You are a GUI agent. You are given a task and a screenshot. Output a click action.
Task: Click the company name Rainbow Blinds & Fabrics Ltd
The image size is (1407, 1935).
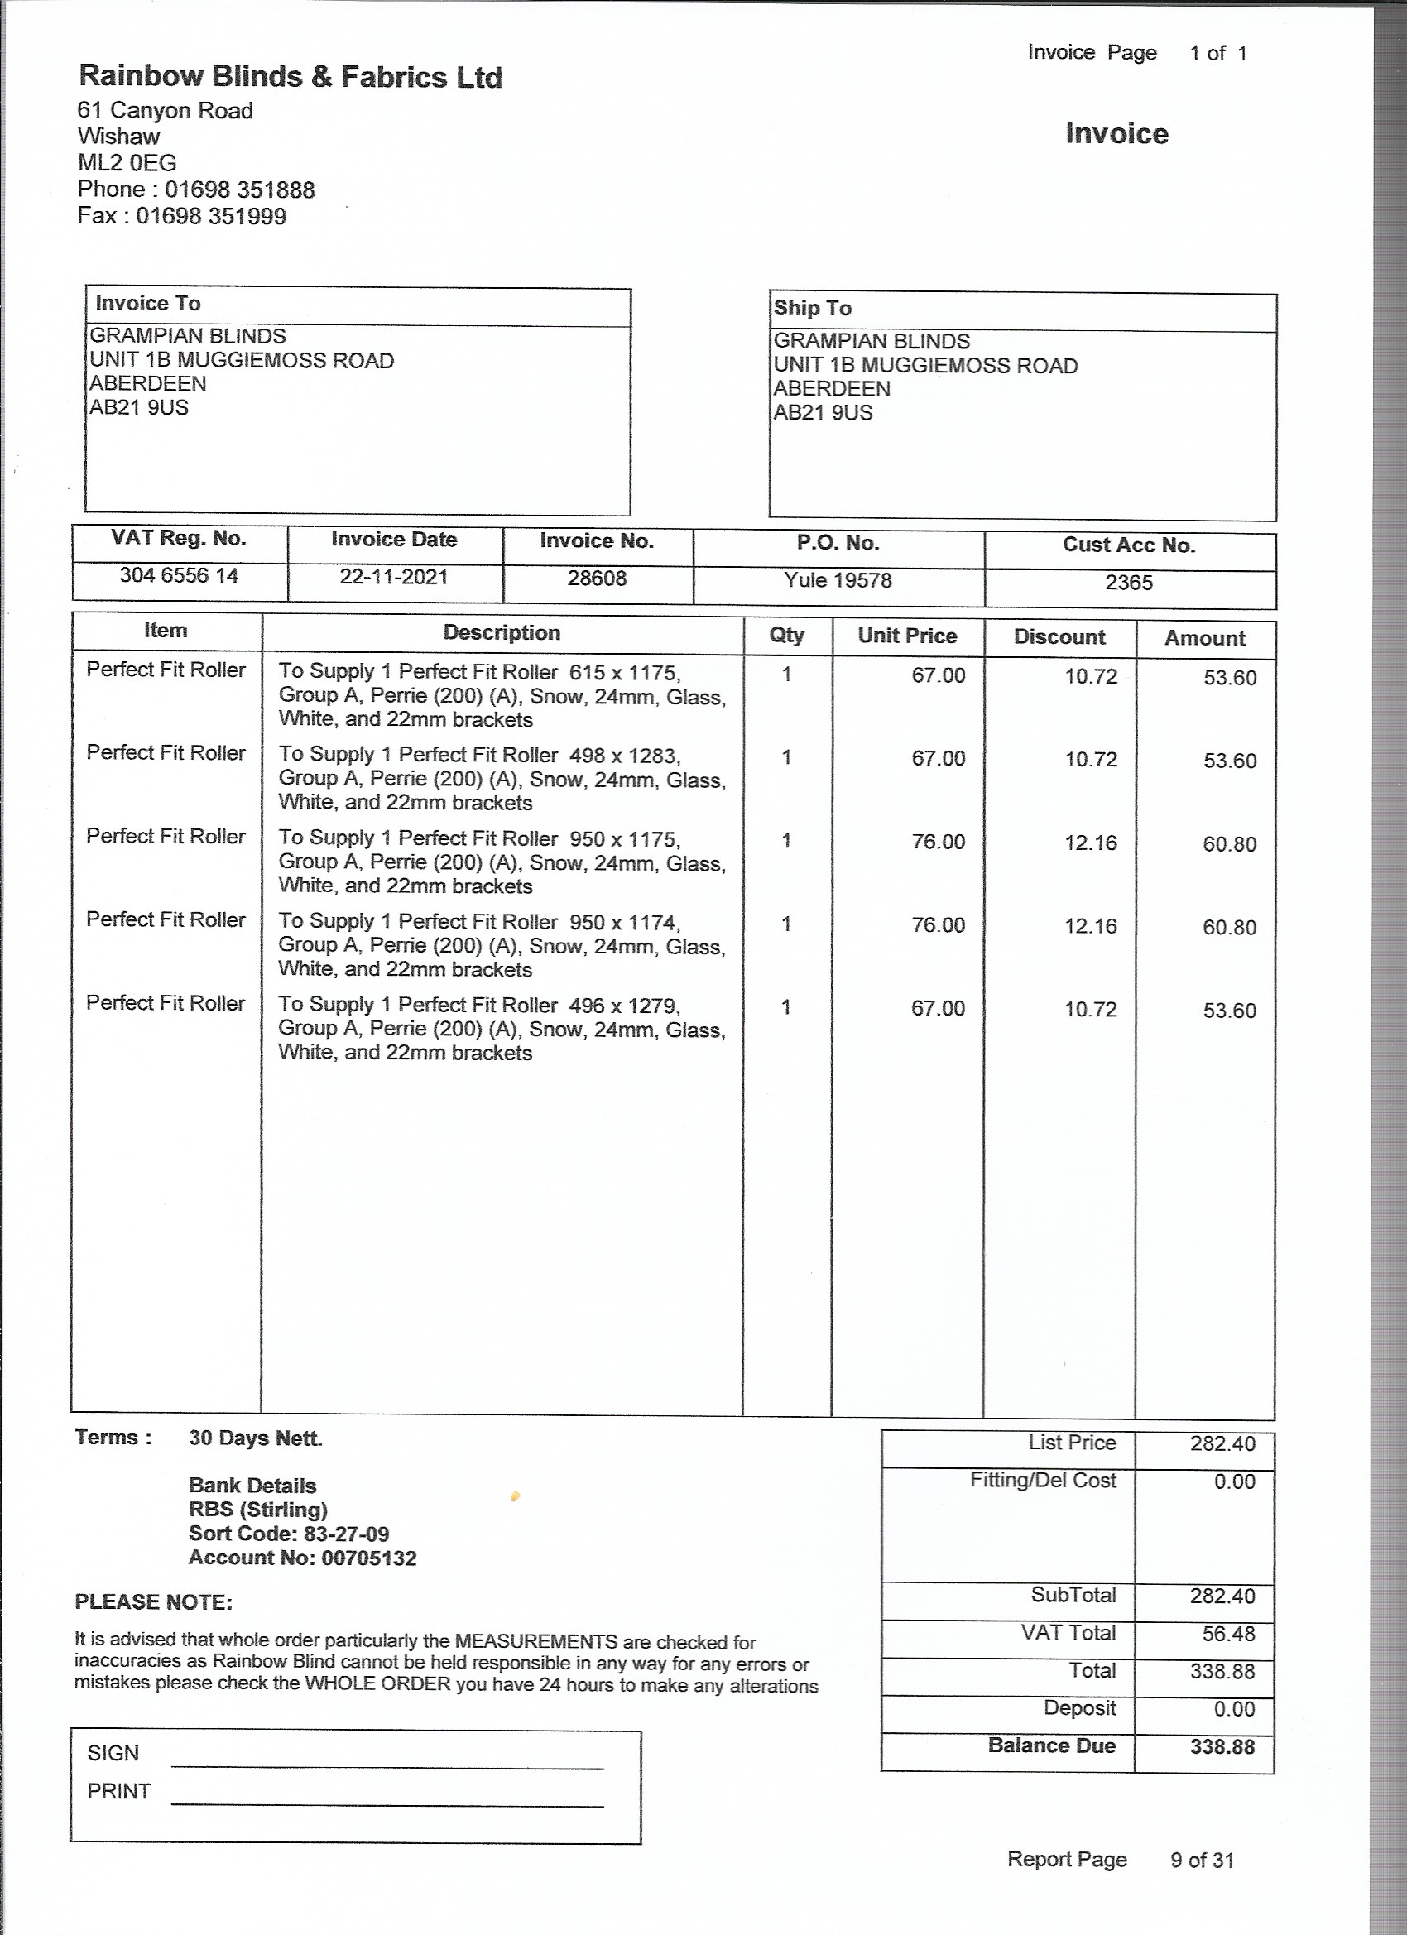pyautogui.click(x=291, y=78)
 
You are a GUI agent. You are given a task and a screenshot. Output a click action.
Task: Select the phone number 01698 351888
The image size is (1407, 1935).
pyautogui.click(x=240, y=190)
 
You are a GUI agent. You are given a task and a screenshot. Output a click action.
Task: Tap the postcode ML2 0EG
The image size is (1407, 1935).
pyautogui.click(x=127, y=163)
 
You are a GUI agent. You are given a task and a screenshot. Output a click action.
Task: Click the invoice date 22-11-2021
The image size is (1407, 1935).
pyautogui.click(x=393, y=578)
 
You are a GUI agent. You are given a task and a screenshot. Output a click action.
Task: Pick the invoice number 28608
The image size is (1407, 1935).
pyautogui.click(x=597, y=579)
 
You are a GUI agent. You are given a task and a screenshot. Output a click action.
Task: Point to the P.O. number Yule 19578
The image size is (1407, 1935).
pyautogui.click(x=838, y=581)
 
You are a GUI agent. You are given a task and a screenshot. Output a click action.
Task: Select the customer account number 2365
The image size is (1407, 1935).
pyautogui.click(x=1129, y=583)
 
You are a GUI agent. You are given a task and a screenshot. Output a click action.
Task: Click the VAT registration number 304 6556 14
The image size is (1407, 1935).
pyautogui.click(x=178, y=576)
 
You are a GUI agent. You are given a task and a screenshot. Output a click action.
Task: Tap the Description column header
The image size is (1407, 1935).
pyautogui.click(x=502, y=633)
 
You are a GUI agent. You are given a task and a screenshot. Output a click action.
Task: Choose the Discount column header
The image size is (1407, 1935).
pyautogui.click(x=1059, y=637)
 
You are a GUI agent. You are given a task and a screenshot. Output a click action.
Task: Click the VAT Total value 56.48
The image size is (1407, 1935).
pyautogui.click(x=1222, y=1634)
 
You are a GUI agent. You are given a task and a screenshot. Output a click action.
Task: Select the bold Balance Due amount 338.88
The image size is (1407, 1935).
pyautogui.click(x=1222, y=1746)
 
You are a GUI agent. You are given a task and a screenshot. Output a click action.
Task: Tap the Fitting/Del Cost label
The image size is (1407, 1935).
pyautogui.click(x=1043, y=1481)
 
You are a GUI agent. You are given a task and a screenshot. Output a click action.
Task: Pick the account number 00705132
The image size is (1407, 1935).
pyautogui.click(x=369, y=1558)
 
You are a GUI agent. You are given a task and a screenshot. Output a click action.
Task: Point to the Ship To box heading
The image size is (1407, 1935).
pyautogui.click(x=812, y=309)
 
